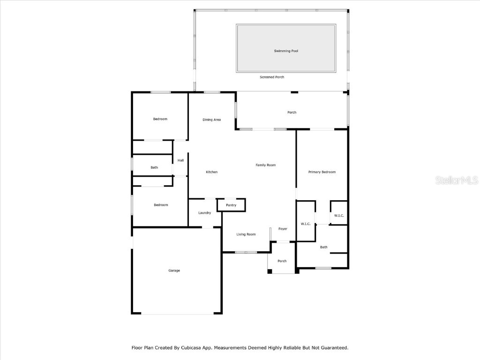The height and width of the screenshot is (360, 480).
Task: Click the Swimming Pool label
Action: [x=286, y=51]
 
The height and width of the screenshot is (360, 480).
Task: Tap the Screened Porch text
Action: [x=272, y=77]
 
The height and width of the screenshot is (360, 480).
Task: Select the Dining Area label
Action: [x=211, y=120]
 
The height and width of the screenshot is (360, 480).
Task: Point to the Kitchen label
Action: [x=212, y=172]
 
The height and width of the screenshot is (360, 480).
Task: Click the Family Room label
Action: [x=265, y=165]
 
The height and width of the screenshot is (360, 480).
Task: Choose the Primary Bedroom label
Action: [x=322, y=172]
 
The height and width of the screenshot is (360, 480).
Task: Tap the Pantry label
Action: [x=231, y=205]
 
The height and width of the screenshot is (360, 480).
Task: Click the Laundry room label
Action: [x=204, y=213]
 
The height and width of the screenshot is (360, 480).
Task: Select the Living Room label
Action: [x=246, y=234]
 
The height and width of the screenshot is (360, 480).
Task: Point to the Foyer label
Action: [x=283, y=229]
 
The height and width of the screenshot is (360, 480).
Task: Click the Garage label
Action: [x=174, y=270]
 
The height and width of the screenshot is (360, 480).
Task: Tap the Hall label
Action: [x=180, y=160]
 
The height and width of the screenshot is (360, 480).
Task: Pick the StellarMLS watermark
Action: [x=456, y=180]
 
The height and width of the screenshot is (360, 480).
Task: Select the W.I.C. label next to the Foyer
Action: [x=306, y=224]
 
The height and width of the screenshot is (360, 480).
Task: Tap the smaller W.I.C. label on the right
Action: [x=339, y=216]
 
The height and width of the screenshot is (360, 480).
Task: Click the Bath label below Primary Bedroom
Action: [x=323, y=247]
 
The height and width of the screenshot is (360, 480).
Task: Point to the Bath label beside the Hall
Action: [x=154, y=167]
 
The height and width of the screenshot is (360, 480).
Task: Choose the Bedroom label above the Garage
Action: [x=161, y=205]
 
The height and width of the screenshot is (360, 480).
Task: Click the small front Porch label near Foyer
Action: [x=282, y=261]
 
